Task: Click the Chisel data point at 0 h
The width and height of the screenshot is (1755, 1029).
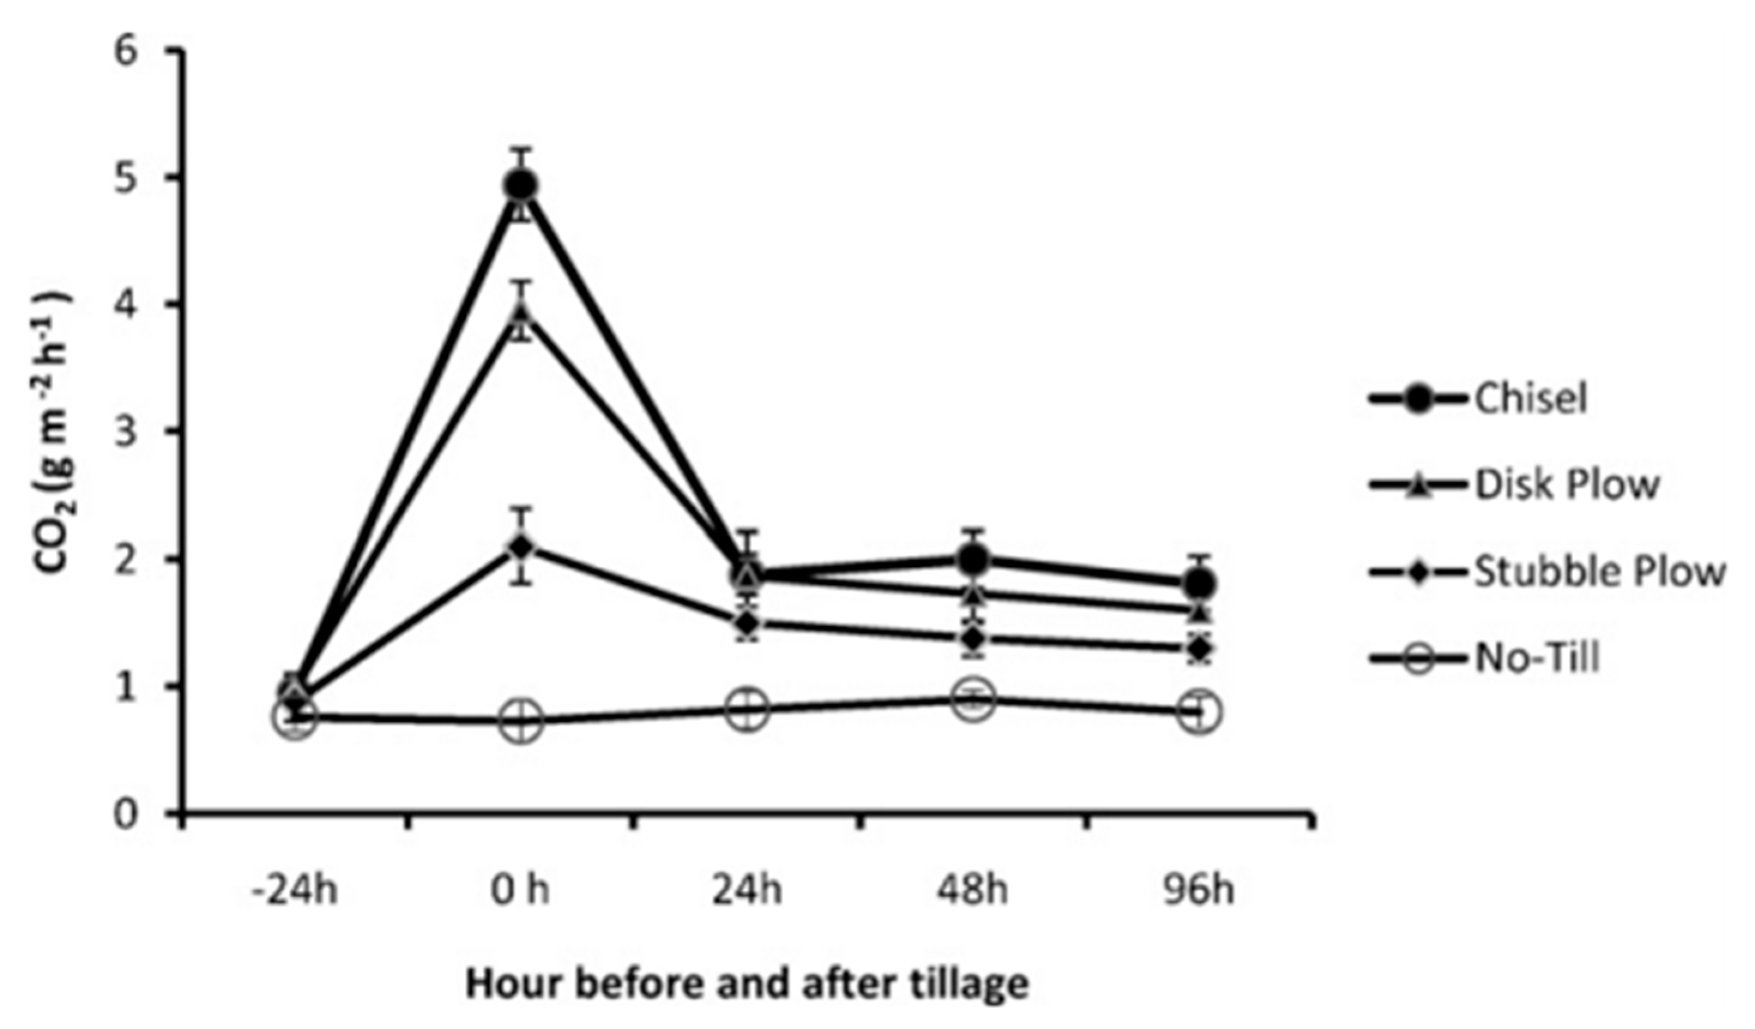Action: tap(522, 185)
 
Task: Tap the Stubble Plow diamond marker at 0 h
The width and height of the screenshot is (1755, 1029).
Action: tap(522, 545)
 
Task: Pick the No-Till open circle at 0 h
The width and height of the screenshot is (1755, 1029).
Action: tap(522, 719)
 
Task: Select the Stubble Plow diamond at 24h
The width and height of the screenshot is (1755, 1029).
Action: tap(747, 621)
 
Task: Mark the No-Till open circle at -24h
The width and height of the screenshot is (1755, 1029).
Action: tap(295, 716)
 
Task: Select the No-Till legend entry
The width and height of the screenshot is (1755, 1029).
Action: tap(1537, 657)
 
